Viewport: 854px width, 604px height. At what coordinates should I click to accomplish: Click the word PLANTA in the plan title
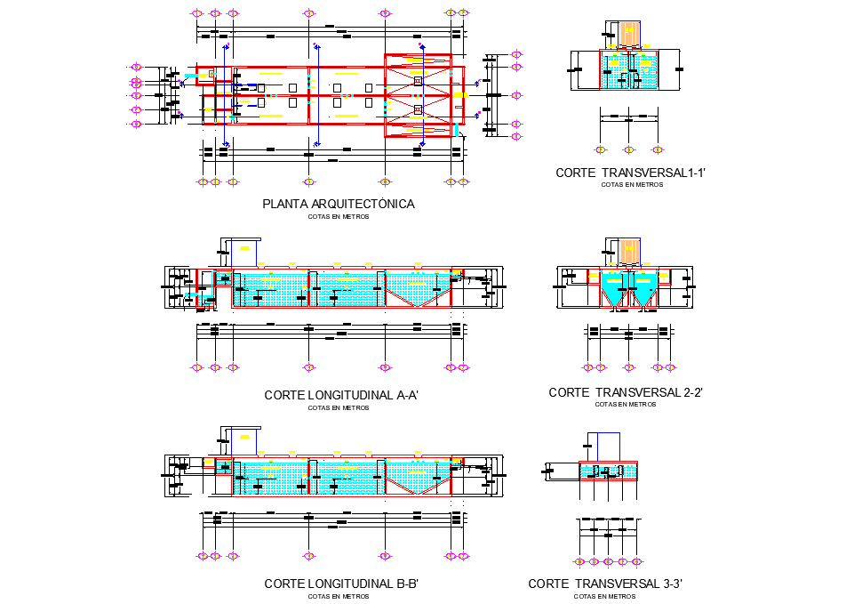click(282, 204)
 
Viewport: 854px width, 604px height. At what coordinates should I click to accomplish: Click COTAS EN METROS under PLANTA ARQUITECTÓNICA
click(338, 216)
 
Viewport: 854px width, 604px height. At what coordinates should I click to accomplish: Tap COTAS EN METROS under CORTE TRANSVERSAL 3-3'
click(604, 596)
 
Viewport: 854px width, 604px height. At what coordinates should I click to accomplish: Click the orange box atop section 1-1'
click(629, 33)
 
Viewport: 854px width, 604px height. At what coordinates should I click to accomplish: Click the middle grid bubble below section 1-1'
click(629, 150)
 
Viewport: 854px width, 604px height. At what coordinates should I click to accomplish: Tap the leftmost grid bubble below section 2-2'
click(587, 367)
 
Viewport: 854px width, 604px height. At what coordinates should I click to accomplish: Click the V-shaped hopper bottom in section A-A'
click(418, 294)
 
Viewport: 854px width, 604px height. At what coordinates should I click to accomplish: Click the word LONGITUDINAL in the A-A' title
click(347, 395)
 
